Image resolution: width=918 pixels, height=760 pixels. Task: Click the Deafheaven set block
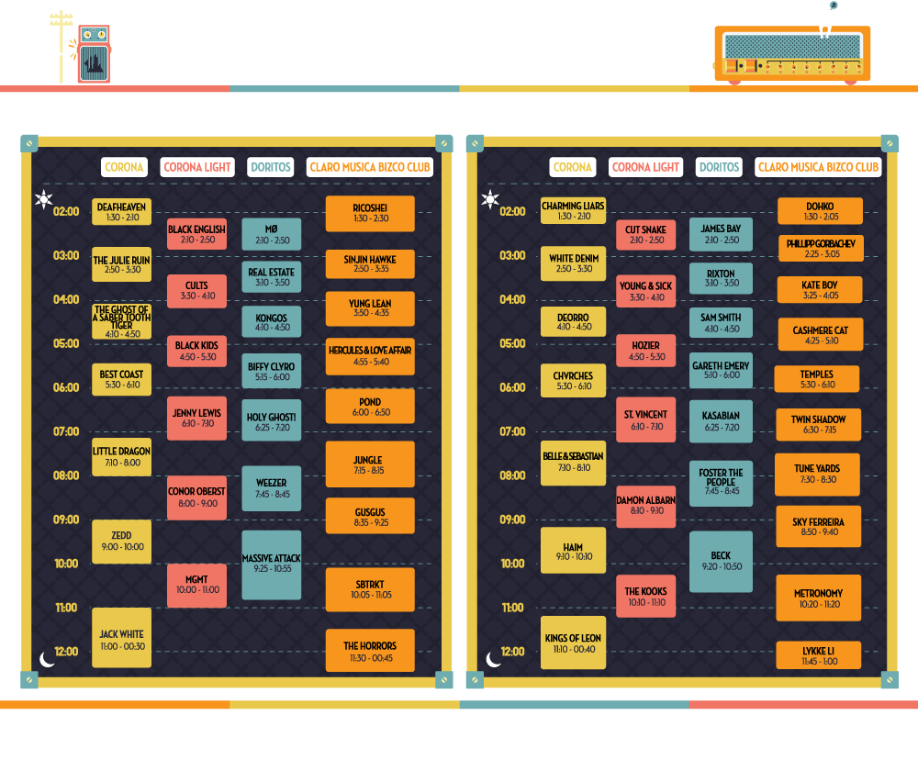point(122,211)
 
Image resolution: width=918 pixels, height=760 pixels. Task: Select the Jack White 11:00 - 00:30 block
point(122,638)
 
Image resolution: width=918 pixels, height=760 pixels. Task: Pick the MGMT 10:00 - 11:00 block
point(196,586)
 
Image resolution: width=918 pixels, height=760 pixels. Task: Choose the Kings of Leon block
point(573,643)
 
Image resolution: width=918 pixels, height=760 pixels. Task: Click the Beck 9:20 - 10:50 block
point(721,562)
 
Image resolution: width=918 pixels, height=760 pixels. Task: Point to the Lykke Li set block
point(819,655)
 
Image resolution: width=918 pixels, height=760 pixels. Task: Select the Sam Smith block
point(721,322)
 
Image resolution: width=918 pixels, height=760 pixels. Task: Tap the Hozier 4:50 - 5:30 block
point(645,351)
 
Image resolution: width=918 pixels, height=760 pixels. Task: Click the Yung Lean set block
point(370,308)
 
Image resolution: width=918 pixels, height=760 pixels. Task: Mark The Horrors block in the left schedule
point(370,651)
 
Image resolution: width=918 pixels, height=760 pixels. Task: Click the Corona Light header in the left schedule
point(197,167)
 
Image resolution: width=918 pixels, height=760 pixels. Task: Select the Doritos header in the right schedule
point(719,167)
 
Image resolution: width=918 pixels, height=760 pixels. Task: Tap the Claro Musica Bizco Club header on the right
point(818,167)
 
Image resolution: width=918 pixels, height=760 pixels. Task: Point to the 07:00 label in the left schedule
point(66,431)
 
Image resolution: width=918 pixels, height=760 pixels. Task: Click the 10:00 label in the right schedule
point(513,564)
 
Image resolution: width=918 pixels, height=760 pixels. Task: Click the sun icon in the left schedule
point(43,199)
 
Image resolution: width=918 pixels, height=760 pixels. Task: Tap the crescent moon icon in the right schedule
point(493,660)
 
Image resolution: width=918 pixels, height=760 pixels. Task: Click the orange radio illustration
point(792,54)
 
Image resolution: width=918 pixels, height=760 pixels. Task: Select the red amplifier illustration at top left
point(95,54)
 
